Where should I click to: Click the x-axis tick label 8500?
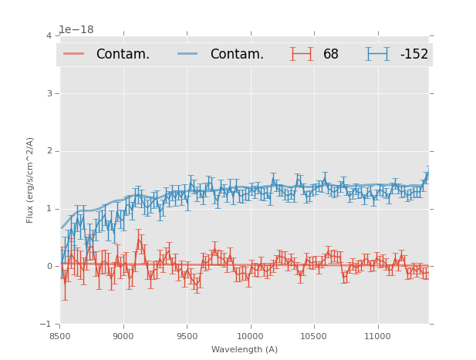(x=60, y=336)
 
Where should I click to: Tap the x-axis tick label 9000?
(x=123, y=336)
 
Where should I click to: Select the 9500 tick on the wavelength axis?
(x=187, y=336)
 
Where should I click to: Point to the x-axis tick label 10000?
(x=250, y=336)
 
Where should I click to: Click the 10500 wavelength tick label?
(x=313, y=336)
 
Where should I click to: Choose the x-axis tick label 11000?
(x=376, y=336)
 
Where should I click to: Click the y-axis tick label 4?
(x=49, y=35)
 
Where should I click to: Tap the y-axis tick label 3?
(x=49, y=93)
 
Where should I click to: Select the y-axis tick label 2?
(x=49, y=151)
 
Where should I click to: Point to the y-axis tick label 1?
(x=49, y=209)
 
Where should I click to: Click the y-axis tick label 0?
(x=49, y=267)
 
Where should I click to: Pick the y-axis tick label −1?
(x=46, y=325)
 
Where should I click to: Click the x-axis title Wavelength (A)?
(x=245, y=349)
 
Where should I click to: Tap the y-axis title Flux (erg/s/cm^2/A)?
(x=30, y=180)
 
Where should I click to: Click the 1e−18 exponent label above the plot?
(x=76, y=30)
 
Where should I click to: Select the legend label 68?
(x=331, y=55)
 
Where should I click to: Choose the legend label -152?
(x=414, y=55)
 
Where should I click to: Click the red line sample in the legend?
(x=74, y=54)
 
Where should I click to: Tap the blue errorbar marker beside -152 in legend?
(x=377, y=54)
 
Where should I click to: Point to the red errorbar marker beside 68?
(x=302, y=54)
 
